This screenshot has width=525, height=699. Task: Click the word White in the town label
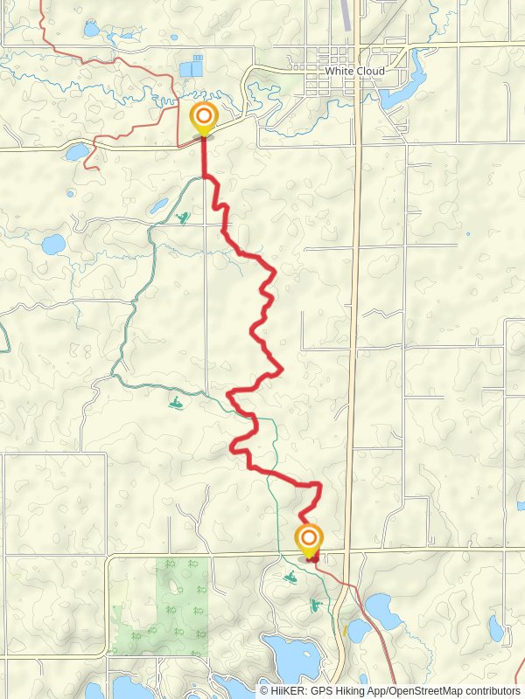pos(337,71)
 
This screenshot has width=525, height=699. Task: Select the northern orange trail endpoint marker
pos(203,116)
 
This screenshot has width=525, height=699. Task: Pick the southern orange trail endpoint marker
pos(309,537)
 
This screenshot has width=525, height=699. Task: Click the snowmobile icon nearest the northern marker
pos(182,217)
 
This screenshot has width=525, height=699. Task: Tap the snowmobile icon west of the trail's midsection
pos(177,405)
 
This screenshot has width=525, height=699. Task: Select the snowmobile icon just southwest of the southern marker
pos(290,576)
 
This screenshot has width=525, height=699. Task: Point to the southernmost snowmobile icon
pos(313,605)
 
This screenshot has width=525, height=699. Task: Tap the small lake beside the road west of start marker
pos(77,152)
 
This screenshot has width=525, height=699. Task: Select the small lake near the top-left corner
pos(91,29)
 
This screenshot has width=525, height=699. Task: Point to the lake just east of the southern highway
pos(380,606)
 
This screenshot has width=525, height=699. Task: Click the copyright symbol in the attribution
pos(263,690)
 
